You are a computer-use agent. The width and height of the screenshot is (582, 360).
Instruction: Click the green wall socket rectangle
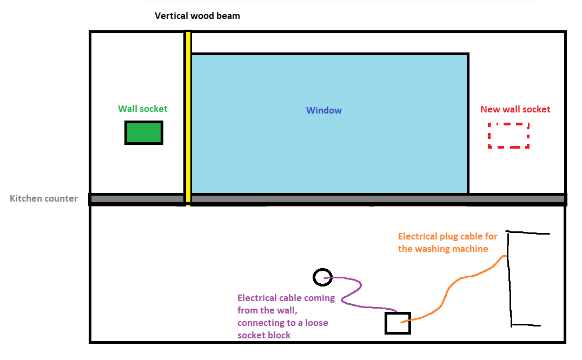coord(144,133)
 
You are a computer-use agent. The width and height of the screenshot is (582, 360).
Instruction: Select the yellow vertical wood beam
coord(188,118)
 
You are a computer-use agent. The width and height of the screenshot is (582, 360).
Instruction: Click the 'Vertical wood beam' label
coord(197,16)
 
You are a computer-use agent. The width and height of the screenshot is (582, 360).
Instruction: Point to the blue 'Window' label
coord(323,110)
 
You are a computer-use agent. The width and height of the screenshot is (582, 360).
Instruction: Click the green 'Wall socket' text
coord(143,109)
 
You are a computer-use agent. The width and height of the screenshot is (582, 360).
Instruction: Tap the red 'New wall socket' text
coord(515,109)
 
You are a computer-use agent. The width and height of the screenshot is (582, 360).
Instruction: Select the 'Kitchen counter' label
coord(44,198)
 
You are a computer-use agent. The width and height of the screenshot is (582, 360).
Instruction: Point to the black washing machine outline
coord(510,278)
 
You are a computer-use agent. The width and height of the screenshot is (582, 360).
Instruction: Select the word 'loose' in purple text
coord(316,323)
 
